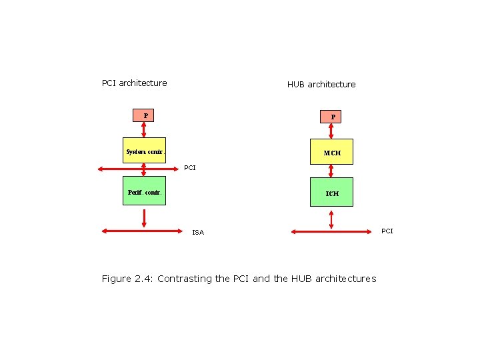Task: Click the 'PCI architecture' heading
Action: point(134,83)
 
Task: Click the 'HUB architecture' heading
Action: point(321,85)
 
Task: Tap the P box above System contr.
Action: point(145,115)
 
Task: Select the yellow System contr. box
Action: point(145,151)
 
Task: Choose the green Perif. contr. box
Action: point(145,193)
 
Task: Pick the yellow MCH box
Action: point(331,152)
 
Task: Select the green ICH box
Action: point(331,193)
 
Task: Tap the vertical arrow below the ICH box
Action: point(332,219)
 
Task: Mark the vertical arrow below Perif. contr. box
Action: point(145,218)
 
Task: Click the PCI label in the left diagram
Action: point(190,168)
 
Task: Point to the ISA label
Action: point(198,233)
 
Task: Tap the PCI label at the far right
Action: point(387,231)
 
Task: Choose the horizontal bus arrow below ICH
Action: point(332,231)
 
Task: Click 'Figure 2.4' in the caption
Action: point(127,279)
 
